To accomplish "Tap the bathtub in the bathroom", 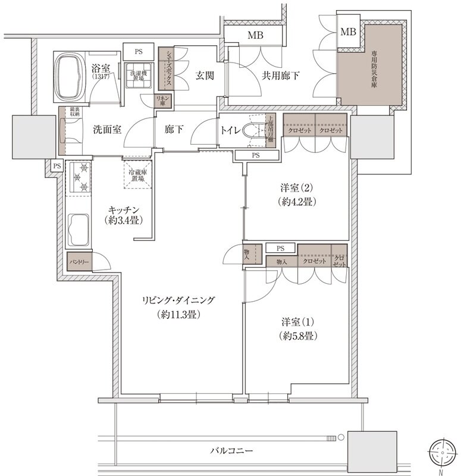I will click(71, 77).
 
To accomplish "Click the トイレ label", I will click(230, 129).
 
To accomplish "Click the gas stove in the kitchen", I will click(77, 177).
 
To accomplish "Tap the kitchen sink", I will click(78, 229).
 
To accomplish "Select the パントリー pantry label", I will click(79, 262).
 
